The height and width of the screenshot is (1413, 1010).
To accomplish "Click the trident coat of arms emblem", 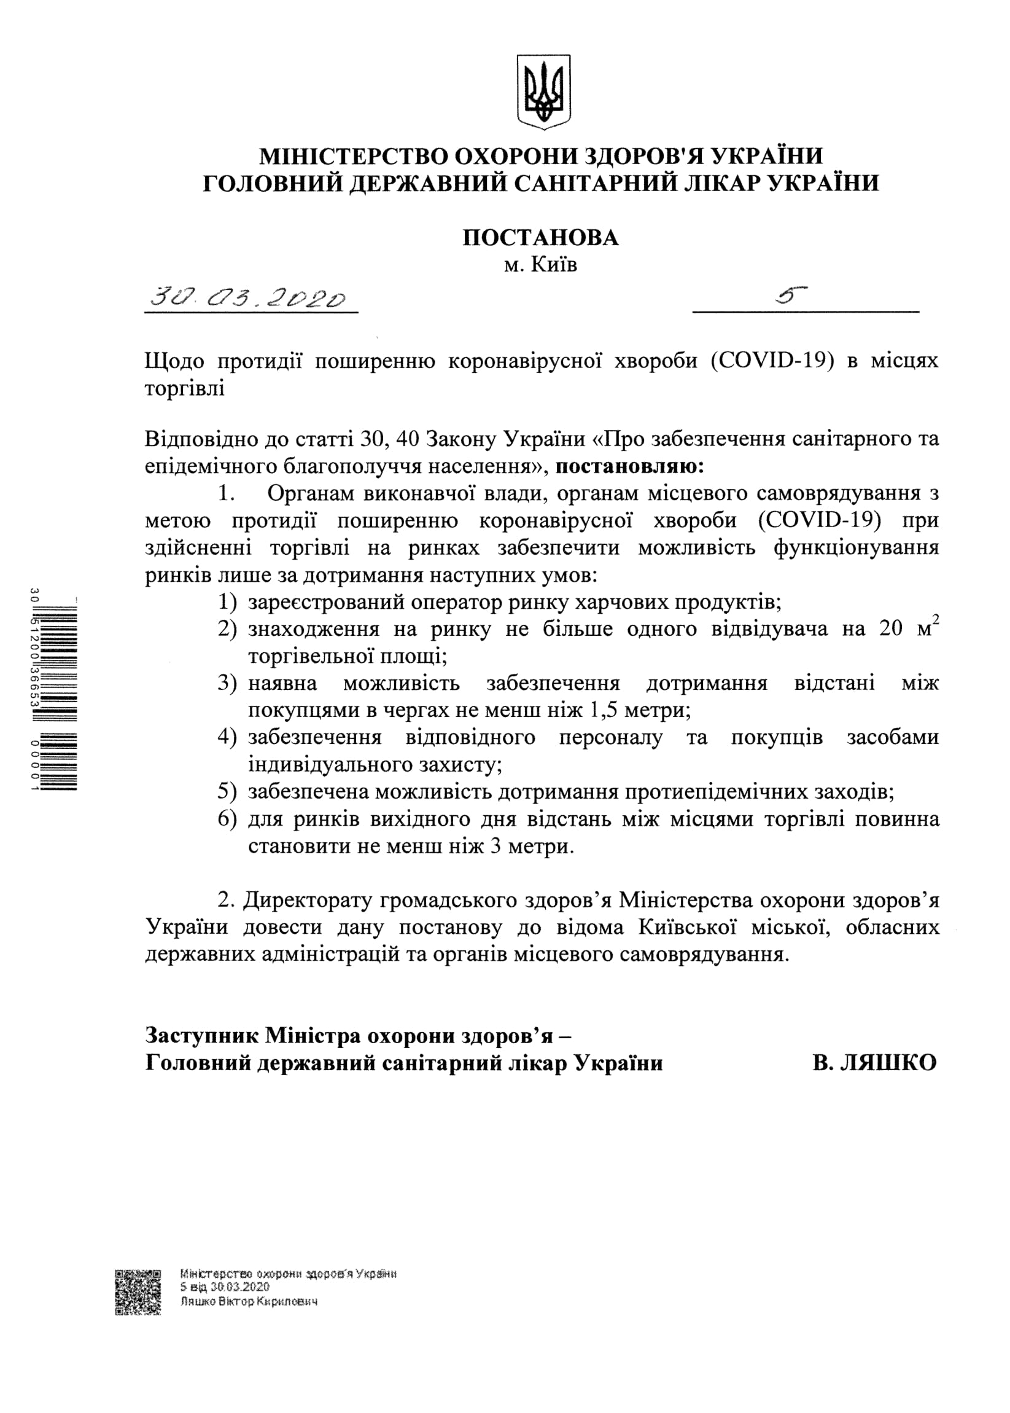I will (543, 92).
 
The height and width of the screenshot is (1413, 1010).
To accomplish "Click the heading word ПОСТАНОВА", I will (540, 238).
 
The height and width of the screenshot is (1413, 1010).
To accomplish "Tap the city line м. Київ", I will (540, 265).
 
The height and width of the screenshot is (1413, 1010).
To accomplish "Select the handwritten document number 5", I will (791, 295).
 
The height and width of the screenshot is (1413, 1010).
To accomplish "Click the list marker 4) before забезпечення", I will (227, 737).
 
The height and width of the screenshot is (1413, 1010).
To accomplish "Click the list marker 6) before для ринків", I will (227, 819).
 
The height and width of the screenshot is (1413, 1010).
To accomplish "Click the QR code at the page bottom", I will (138, 1292).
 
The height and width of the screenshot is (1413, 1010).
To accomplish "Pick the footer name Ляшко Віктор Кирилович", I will (249, 1302).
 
